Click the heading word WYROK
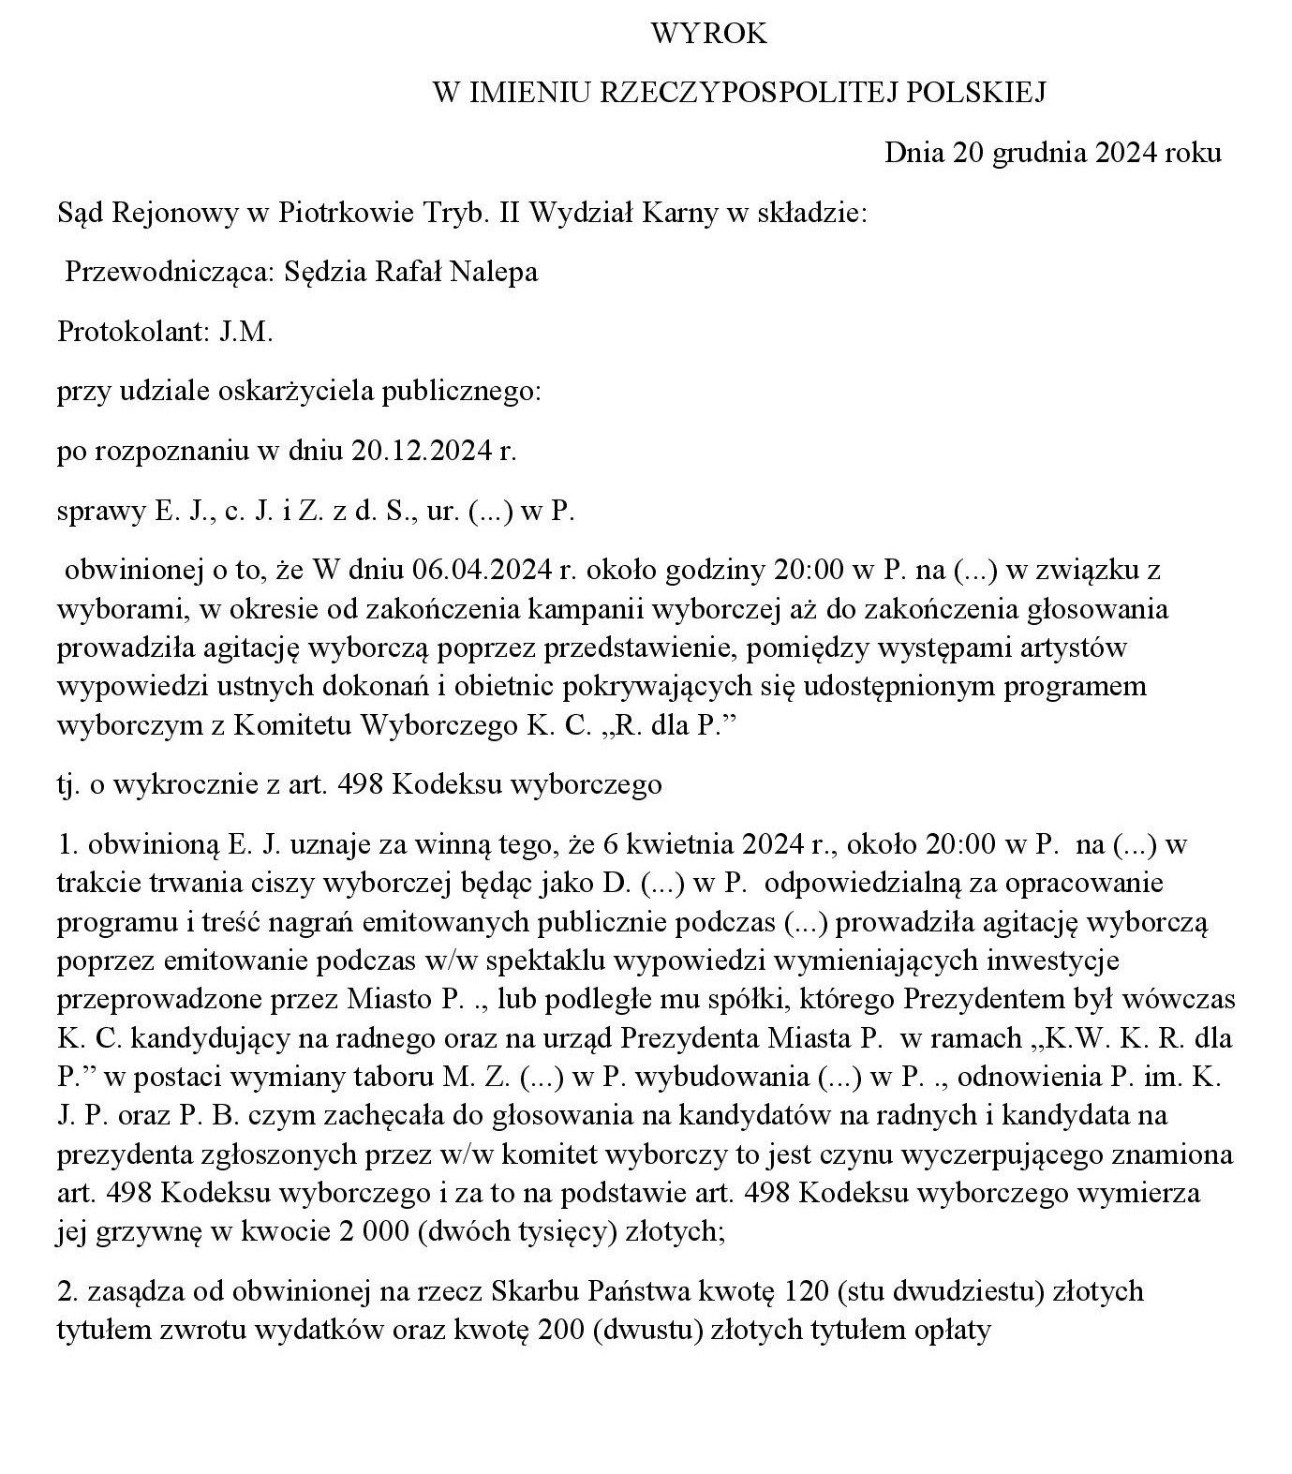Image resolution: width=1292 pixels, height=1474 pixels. (709, 34)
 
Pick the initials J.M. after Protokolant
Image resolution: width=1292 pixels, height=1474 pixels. (246, 332)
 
